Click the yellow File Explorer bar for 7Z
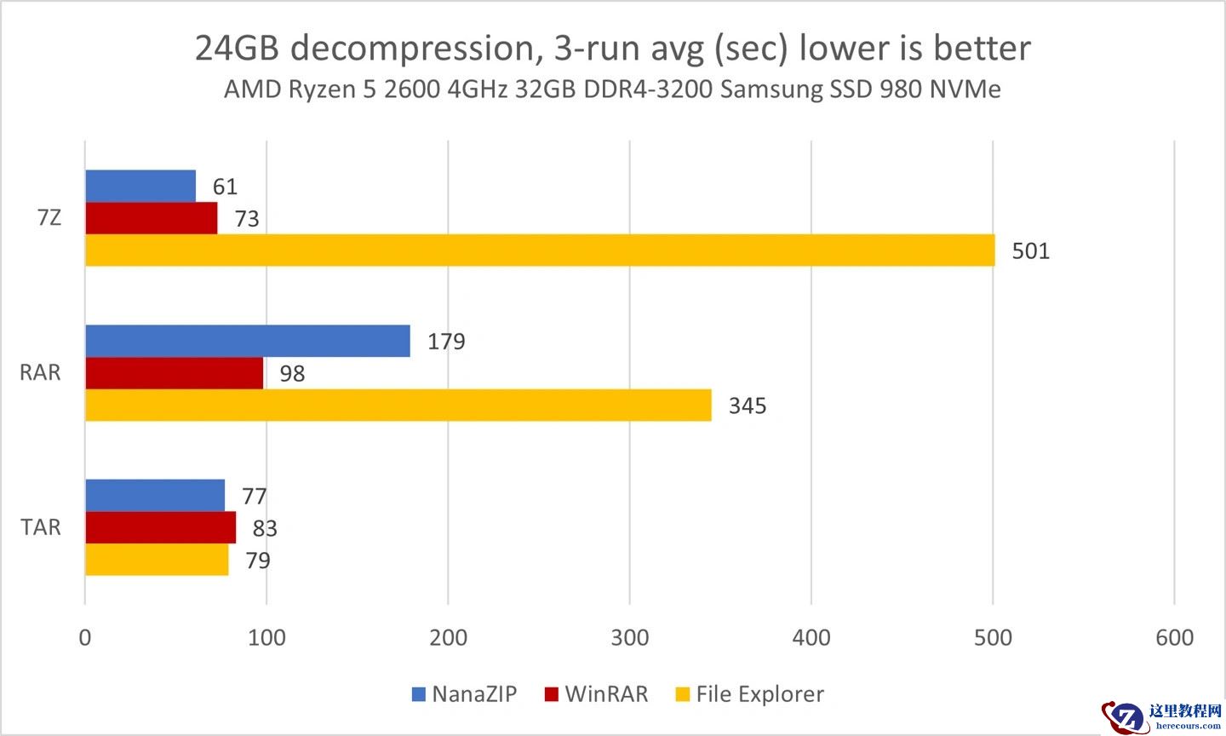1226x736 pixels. coord(540,250)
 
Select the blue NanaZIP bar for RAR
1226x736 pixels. coord(247,341)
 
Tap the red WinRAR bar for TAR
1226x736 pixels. coord(160,528)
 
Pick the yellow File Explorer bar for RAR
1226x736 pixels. coord(398,405)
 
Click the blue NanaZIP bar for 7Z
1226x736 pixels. coord(140,186)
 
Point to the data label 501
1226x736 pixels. coord(1030,251)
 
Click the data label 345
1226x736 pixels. coord(747,406)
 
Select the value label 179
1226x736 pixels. coord(446,342)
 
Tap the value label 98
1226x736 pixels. coord(292,374)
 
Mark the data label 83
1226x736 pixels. coord(265,529)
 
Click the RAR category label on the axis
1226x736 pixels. coord(40,373)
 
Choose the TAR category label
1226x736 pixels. coord(41,527)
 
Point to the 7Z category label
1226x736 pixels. coord(49,218)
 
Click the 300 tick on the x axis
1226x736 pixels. coord(629,637)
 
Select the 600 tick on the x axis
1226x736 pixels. coord(1174,637)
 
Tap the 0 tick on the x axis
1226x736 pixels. coord(84,637)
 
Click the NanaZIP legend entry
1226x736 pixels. coord(464,694)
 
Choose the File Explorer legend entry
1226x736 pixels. coord(749,694)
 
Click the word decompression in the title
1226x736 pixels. coord(413,49)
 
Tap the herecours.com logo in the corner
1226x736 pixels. coord(1161,716)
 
